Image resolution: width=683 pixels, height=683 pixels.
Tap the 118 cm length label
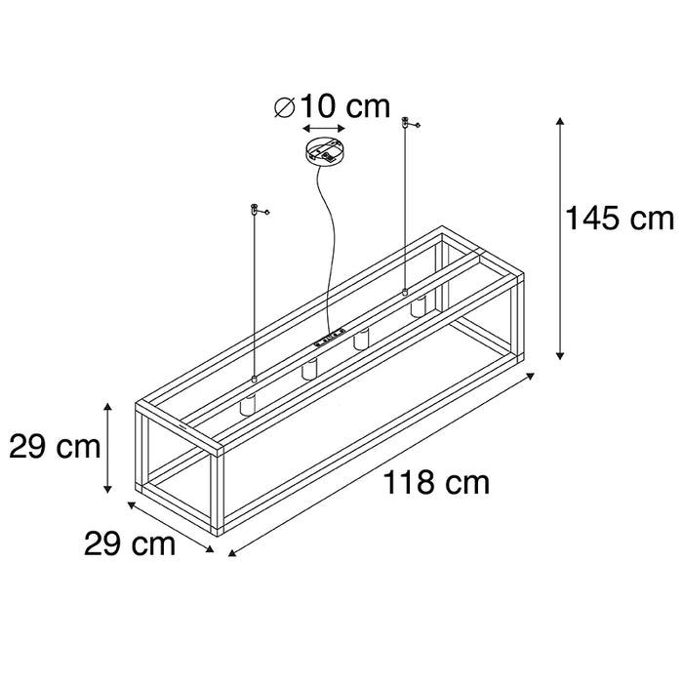[436, 483]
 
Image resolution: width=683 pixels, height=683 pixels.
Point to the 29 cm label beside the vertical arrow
[55, 448]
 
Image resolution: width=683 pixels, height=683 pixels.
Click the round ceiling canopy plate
[323, 152]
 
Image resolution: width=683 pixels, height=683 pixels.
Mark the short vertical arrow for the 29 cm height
[108, 448]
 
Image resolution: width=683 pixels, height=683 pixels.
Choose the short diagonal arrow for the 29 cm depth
[172, 527]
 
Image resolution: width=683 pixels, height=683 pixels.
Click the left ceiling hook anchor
[256, 208]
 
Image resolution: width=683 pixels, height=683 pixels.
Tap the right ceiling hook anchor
[405, 123]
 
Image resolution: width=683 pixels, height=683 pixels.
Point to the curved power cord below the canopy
[330, 244]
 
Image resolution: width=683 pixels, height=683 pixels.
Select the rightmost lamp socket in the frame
[418, 306]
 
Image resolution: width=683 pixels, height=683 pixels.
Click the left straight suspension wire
[254, 293]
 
